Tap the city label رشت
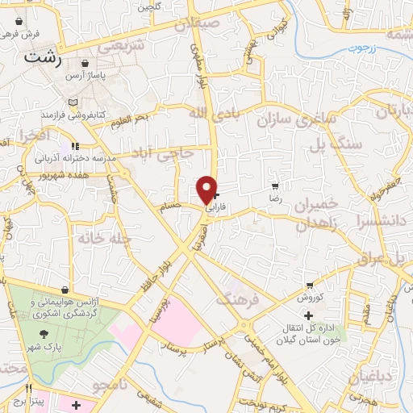click(x=44, y=57)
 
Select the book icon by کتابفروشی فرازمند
click(x=74, y=104)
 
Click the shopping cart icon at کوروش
click(x=311, y=285)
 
